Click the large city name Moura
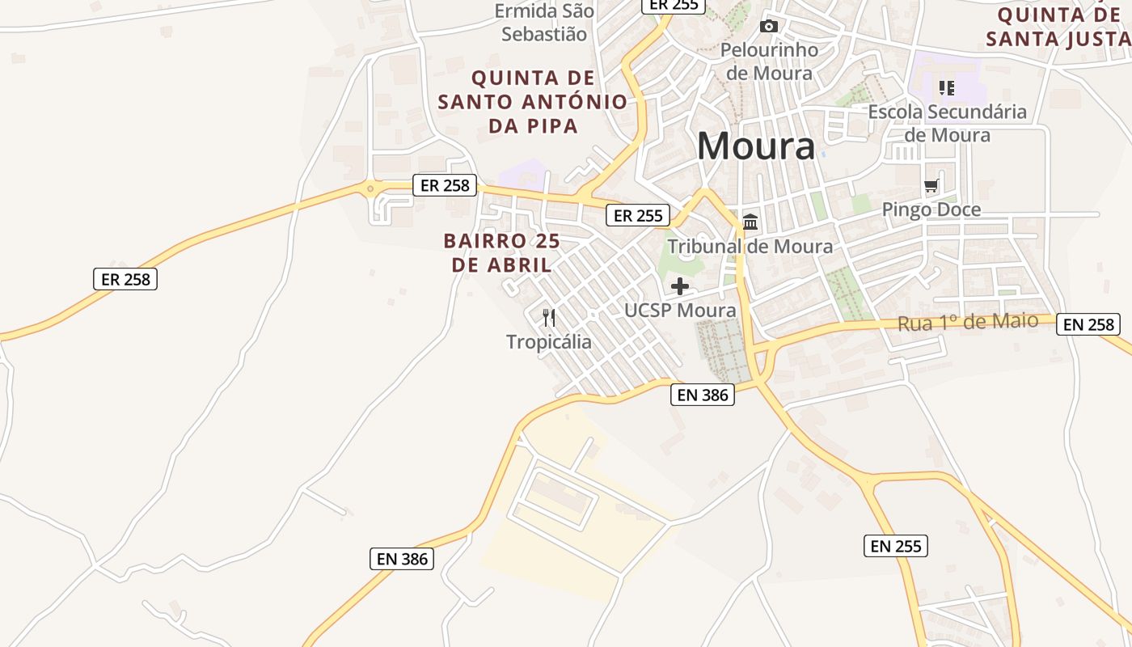(x=756, y=146)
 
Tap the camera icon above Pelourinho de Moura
(x=769, y=27)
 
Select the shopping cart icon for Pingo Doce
(x=931, y=186)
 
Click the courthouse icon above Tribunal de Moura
(x=750, y=222)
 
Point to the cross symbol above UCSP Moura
(x=680, y=285)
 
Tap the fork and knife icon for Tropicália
(x=549, y=317)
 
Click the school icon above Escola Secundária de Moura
(x=947, y=87)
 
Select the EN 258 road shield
(x=1088, y=324)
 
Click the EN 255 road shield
(x=895, y=546)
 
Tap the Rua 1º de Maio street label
(x=968, y=322)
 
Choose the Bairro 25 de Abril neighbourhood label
(x=501, y=252)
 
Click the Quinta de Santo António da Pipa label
(x=533, y=102)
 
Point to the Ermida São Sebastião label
(x=544, y=23)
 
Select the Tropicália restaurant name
(x=549, y=342)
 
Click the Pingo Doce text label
(x=931, y=209)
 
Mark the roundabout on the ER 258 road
(x=370, y=189)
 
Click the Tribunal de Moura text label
(x=750, y=246)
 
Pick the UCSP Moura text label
(x=680, y=310)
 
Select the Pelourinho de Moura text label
(x=769, y=61)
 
